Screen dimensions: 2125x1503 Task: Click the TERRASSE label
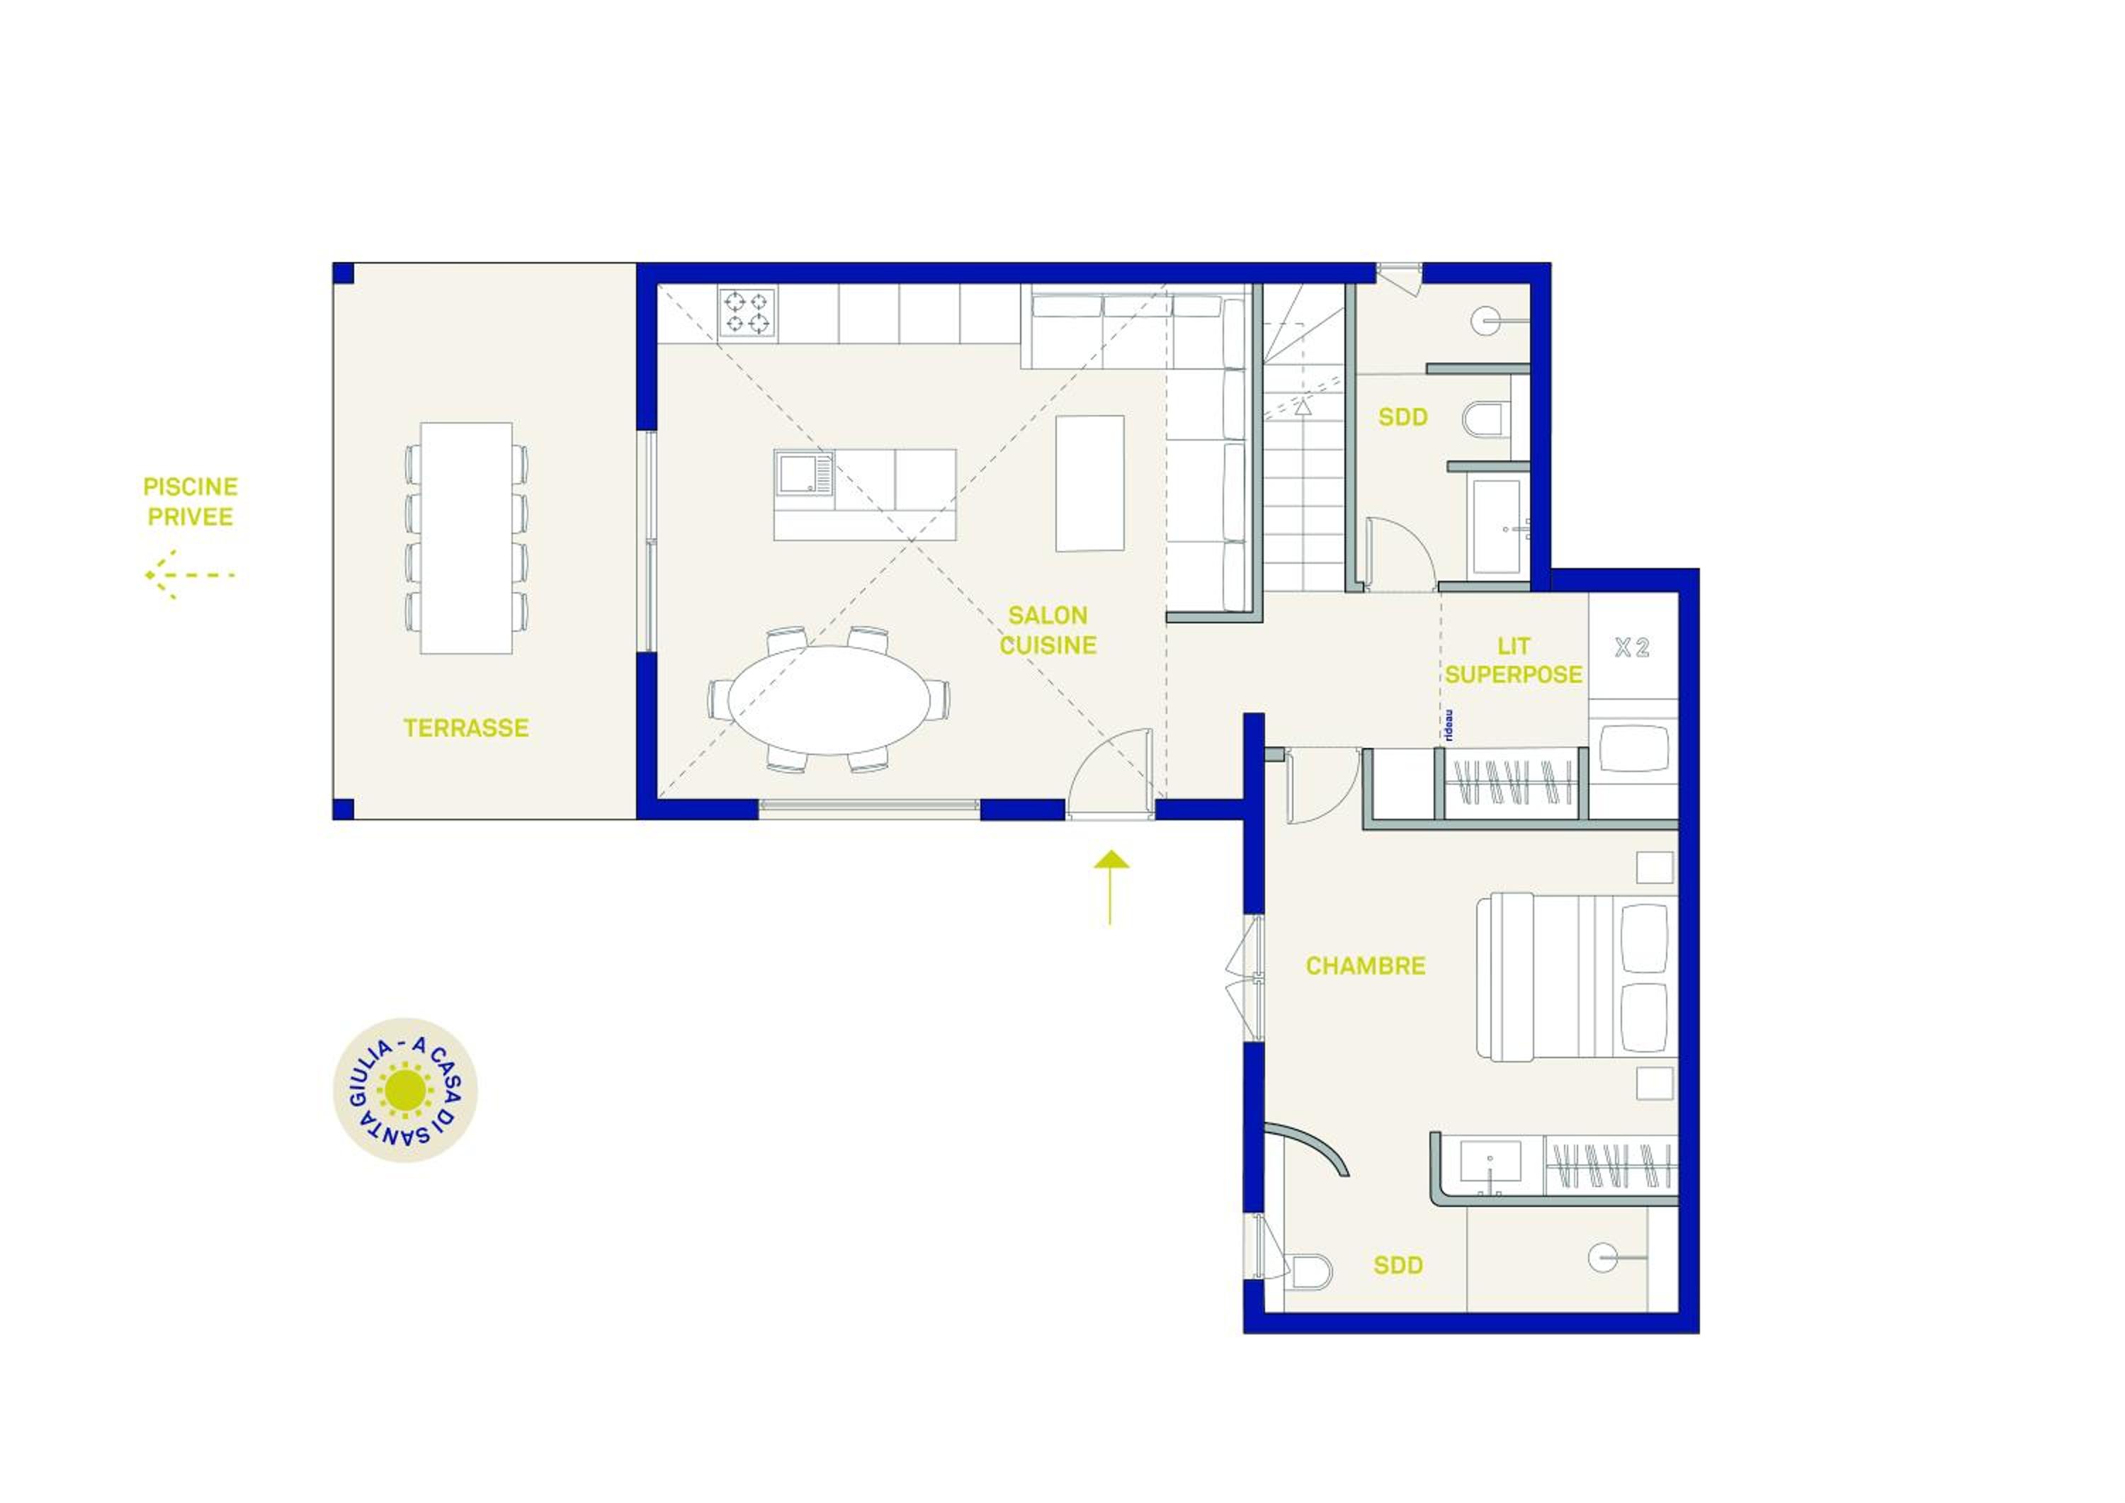465,728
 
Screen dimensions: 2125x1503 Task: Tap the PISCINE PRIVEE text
191,501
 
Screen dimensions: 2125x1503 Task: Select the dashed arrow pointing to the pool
190,574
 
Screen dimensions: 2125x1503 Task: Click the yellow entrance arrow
1111,887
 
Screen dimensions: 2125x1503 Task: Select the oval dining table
829,700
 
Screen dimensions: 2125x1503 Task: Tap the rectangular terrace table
467,538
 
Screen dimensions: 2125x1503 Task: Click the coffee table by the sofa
1090,483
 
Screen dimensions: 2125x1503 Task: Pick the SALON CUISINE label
1048,630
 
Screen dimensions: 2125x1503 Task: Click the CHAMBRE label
1365,966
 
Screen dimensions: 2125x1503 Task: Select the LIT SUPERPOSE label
1513,660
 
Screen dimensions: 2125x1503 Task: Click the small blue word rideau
1449,725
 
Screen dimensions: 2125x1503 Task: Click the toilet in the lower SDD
1310,1271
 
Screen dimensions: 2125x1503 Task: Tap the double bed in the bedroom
1576,975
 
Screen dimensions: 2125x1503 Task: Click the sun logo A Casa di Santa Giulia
405,1090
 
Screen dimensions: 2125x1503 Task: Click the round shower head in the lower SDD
1603,1258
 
